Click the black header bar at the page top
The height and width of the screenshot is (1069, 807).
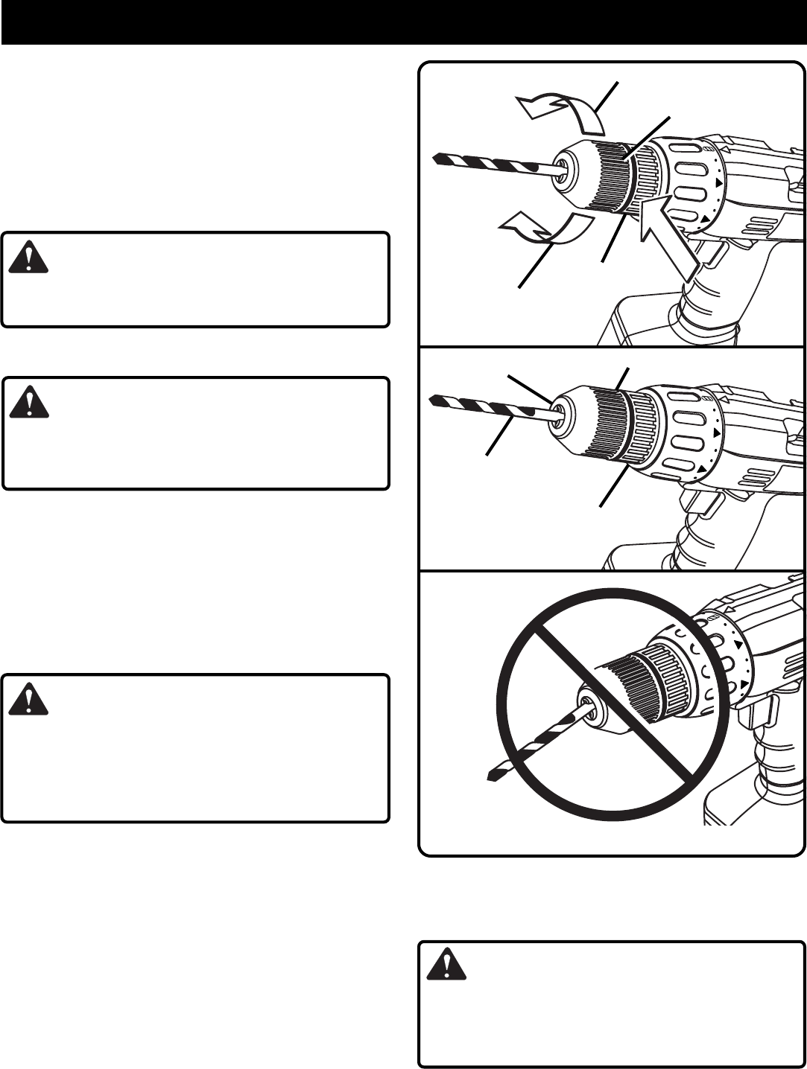[403, 22]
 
